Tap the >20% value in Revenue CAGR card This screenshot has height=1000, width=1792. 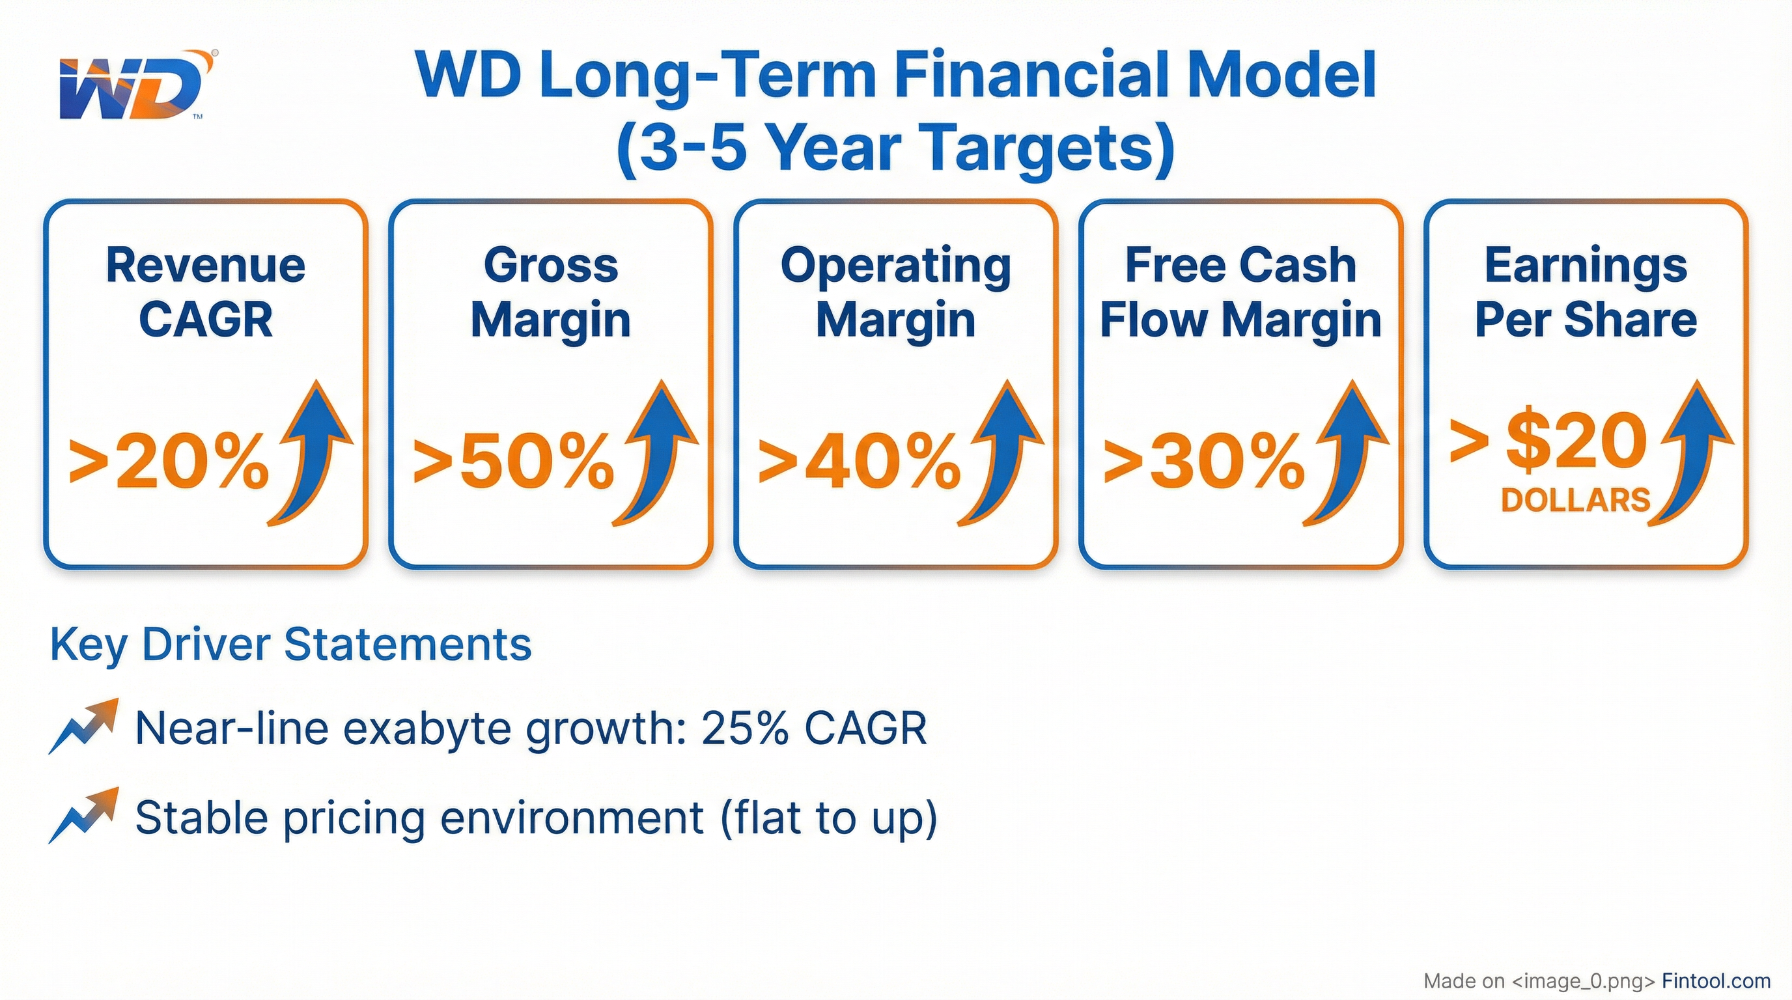[x=169, y=461]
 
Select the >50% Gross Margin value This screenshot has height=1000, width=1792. [x=514, y=461]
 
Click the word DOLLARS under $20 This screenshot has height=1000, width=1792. [x=1576, y=501]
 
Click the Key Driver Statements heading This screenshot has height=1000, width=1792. [x=291, y=645]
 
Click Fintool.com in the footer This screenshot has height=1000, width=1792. [x=1716, y=980]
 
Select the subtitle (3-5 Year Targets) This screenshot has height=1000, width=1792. [x=896, y=148]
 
